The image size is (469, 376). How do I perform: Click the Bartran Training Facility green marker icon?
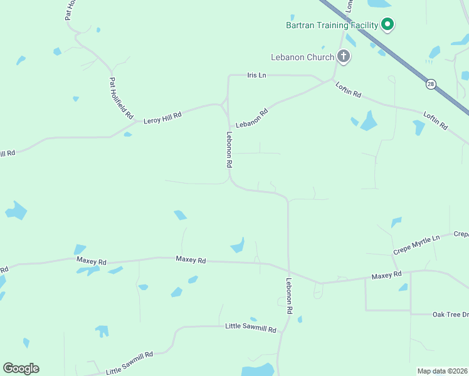(x=387, y=25)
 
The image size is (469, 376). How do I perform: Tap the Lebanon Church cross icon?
(x=343, y=57)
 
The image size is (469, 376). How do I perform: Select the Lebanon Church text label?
(x=302, y=57)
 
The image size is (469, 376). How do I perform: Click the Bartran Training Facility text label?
(x=332, y=25)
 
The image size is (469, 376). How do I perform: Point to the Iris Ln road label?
(x=256, y=75)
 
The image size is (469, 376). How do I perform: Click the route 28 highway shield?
(x=431, y=84)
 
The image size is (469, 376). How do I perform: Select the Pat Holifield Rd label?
(x=122, y=98)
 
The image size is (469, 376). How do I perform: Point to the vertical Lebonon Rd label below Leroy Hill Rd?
(x=229, y=149)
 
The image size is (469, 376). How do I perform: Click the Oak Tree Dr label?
(x=450, y=314)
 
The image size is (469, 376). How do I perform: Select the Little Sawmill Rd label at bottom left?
(x=130, y=363)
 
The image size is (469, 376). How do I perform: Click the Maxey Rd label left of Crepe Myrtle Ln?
(x=386, y=275)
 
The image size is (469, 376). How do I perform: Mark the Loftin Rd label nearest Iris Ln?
(x=348, y=90)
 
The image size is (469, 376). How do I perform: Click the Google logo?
(x=21, y=368)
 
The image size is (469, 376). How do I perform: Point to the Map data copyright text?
(x=442, y=371)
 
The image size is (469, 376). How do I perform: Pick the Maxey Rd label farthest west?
(x=92, y=261)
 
